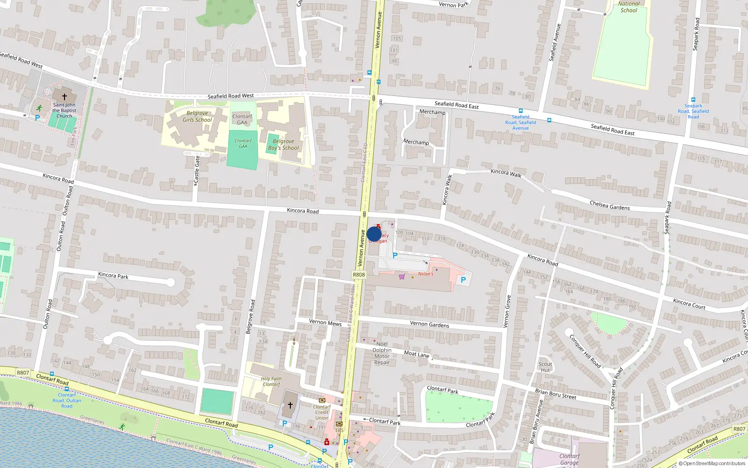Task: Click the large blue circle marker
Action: coord(374,234)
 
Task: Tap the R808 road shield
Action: coord(359,275)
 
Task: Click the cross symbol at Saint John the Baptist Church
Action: coord(65,96)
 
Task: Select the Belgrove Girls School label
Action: coord(197,117)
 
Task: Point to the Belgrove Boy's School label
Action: coord(283,145)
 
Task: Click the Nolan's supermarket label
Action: coord(425,274)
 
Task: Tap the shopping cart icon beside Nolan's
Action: coord(402,277)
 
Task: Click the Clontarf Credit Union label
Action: coord(322,412)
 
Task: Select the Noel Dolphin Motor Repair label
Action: coord(382,353)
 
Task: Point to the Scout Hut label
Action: coord(545,367)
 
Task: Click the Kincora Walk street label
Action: coord(506,173)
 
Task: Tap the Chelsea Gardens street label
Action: coord(610,205)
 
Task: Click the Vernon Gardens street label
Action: coord(429,324)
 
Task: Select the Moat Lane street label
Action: coord(417,354)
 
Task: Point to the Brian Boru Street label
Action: coord(555,394)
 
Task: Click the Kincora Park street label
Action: coord(113,275)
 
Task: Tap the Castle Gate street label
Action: coord(197,170)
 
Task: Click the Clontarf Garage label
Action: coord(569,459)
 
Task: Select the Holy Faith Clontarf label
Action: coord(271,381)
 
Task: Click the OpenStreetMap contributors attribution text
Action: coord(712,464)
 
